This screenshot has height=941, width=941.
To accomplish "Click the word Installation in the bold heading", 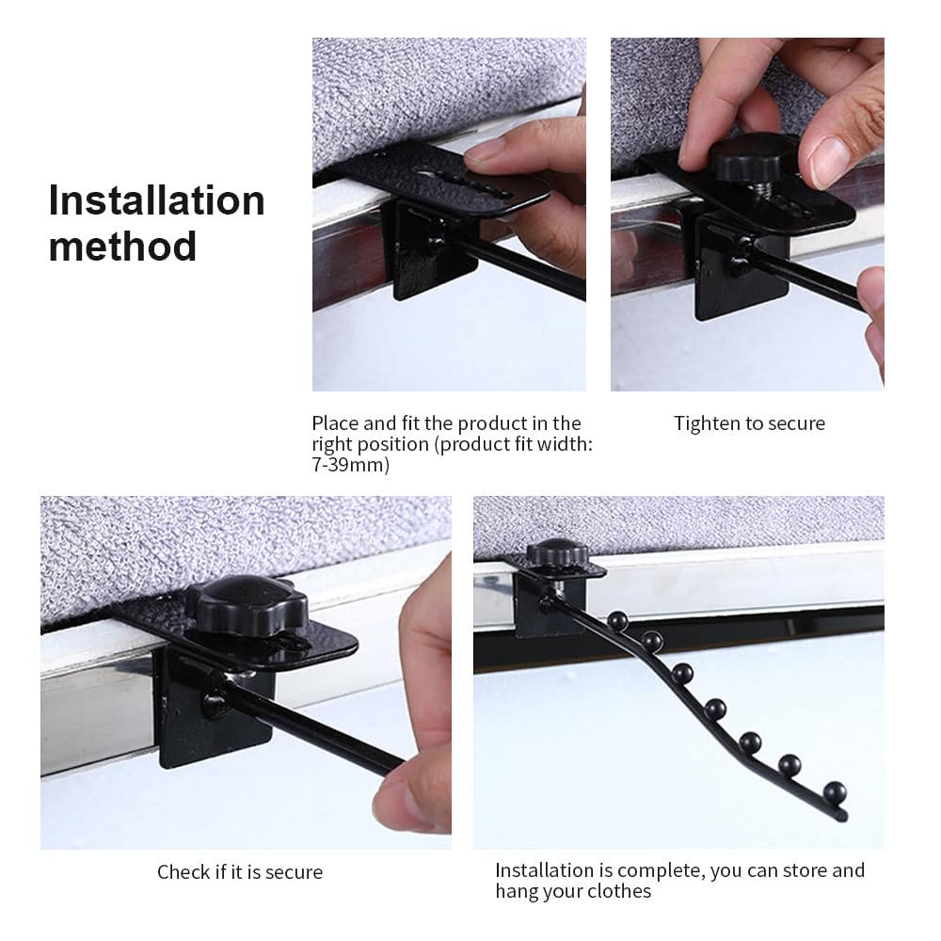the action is [156, 199].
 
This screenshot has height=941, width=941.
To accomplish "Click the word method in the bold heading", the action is [122, 246].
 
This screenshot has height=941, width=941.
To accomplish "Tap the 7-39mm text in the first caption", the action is [350, 465].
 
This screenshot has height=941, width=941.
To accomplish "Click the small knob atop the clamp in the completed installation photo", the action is [557, 552].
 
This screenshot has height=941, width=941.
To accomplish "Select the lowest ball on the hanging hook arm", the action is [835, 792].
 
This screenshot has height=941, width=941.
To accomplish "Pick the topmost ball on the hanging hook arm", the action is [617, 620].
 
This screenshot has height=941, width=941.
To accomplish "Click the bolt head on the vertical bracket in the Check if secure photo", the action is [215, 703].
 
